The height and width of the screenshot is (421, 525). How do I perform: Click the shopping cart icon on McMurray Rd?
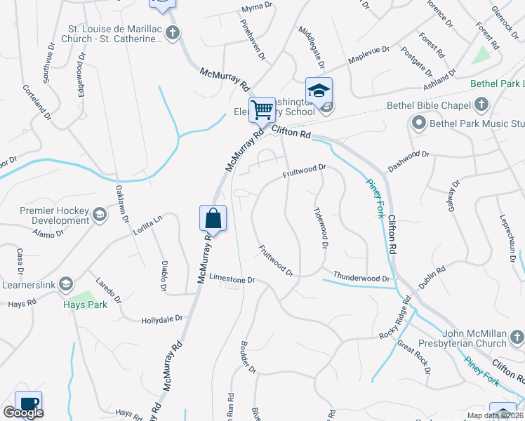point(262,109)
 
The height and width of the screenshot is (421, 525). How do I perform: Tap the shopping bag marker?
point(213,218)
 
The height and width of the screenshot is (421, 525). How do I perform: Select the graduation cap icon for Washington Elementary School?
point(318,91)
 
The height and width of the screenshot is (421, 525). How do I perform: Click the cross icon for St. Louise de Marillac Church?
point(173,32)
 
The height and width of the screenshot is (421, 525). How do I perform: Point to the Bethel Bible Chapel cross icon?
point(481,105)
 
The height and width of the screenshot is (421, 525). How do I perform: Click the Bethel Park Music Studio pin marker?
point(419,124)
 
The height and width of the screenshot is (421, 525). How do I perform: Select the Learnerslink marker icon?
point(66,283)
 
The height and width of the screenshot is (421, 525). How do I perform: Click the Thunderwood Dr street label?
point(361,278)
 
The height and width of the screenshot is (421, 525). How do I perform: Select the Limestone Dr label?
point(231,280)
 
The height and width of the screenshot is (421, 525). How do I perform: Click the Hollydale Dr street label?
point(162,319)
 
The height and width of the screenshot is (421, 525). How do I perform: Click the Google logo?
point(23,413)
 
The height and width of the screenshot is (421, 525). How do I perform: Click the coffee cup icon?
point(28,403)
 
